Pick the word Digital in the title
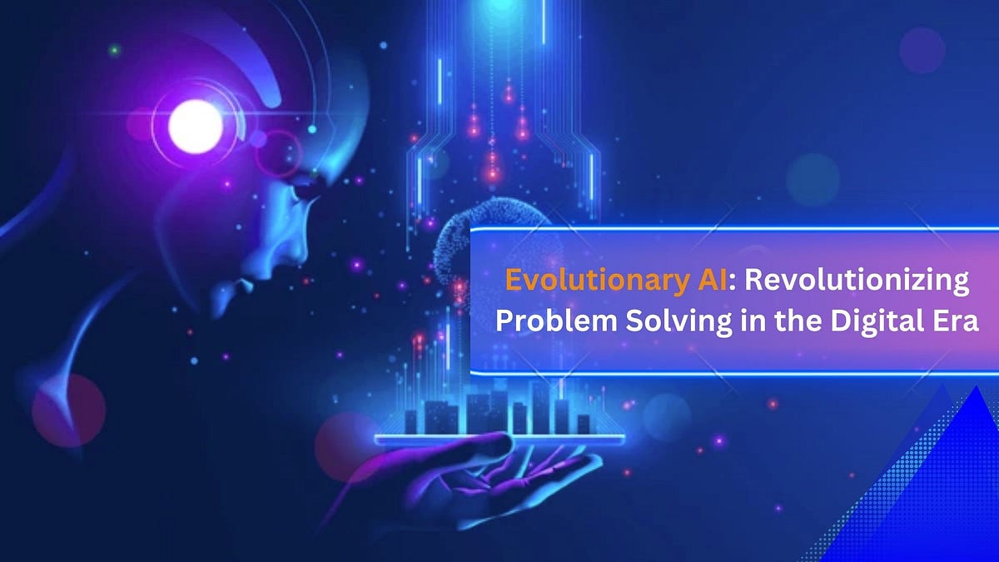click(x=868, y=322)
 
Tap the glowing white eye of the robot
click(x=196, y=127)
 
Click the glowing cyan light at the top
click(x=501, y=8)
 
